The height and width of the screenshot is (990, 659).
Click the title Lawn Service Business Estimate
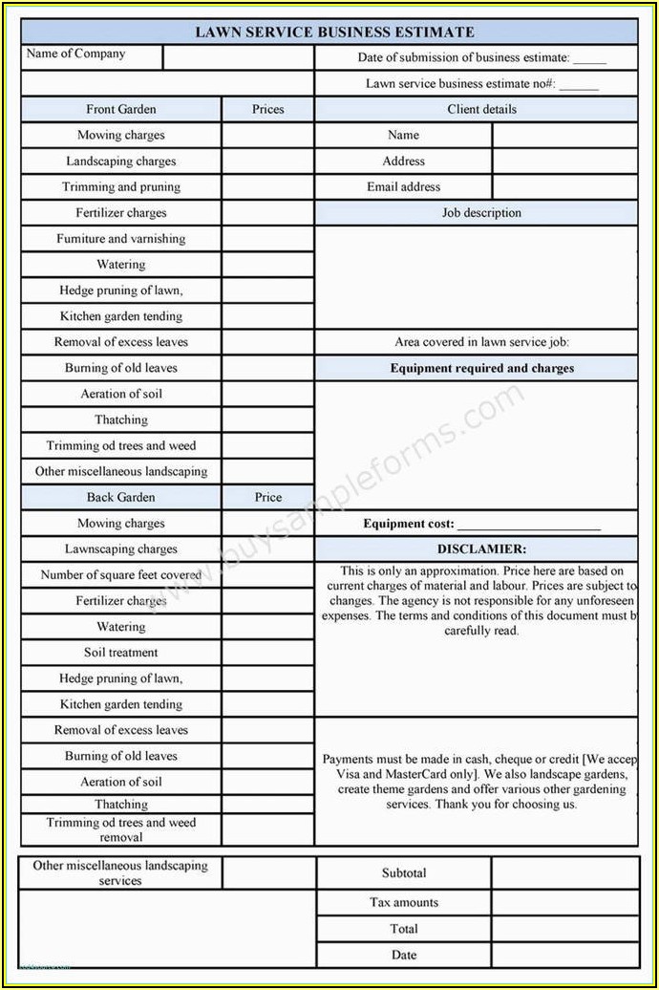point(334,32)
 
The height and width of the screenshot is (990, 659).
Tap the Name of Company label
point(75,54)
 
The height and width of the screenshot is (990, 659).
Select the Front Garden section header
point(121,110)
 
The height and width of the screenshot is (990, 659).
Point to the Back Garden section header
point(121,498)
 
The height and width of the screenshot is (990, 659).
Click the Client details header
point(481,110)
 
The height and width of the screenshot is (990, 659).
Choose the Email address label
point(404,187)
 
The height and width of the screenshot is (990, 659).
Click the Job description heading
point(481,213)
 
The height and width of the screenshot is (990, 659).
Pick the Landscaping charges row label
point(121,161)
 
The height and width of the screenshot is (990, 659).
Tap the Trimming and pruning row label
point(121,187)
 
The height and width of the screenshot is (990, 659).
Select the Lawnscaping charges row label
point(121,549)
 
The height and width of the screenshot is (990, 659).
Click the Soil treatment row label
point(121,653)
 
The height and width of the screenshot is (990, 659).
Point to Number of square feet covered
point(121,575)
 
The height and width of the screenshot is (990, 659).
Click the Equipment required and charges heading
point(481,369)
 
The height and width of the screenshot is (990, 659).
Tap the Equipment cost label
point(409,524)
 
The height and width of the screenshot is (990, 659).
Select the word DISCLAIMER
point(481,549)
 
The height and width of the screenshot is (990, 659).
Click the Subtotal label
point(404,873)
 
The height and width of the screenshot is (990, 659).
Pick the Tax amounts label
point(404,903)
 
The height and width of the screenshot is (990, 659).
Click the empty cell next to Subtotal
point(565,873)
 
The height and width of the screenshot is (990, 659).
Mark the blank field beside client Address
point(565,161)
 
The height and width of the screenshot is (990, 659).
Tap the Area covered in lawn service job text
point(481,342)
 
